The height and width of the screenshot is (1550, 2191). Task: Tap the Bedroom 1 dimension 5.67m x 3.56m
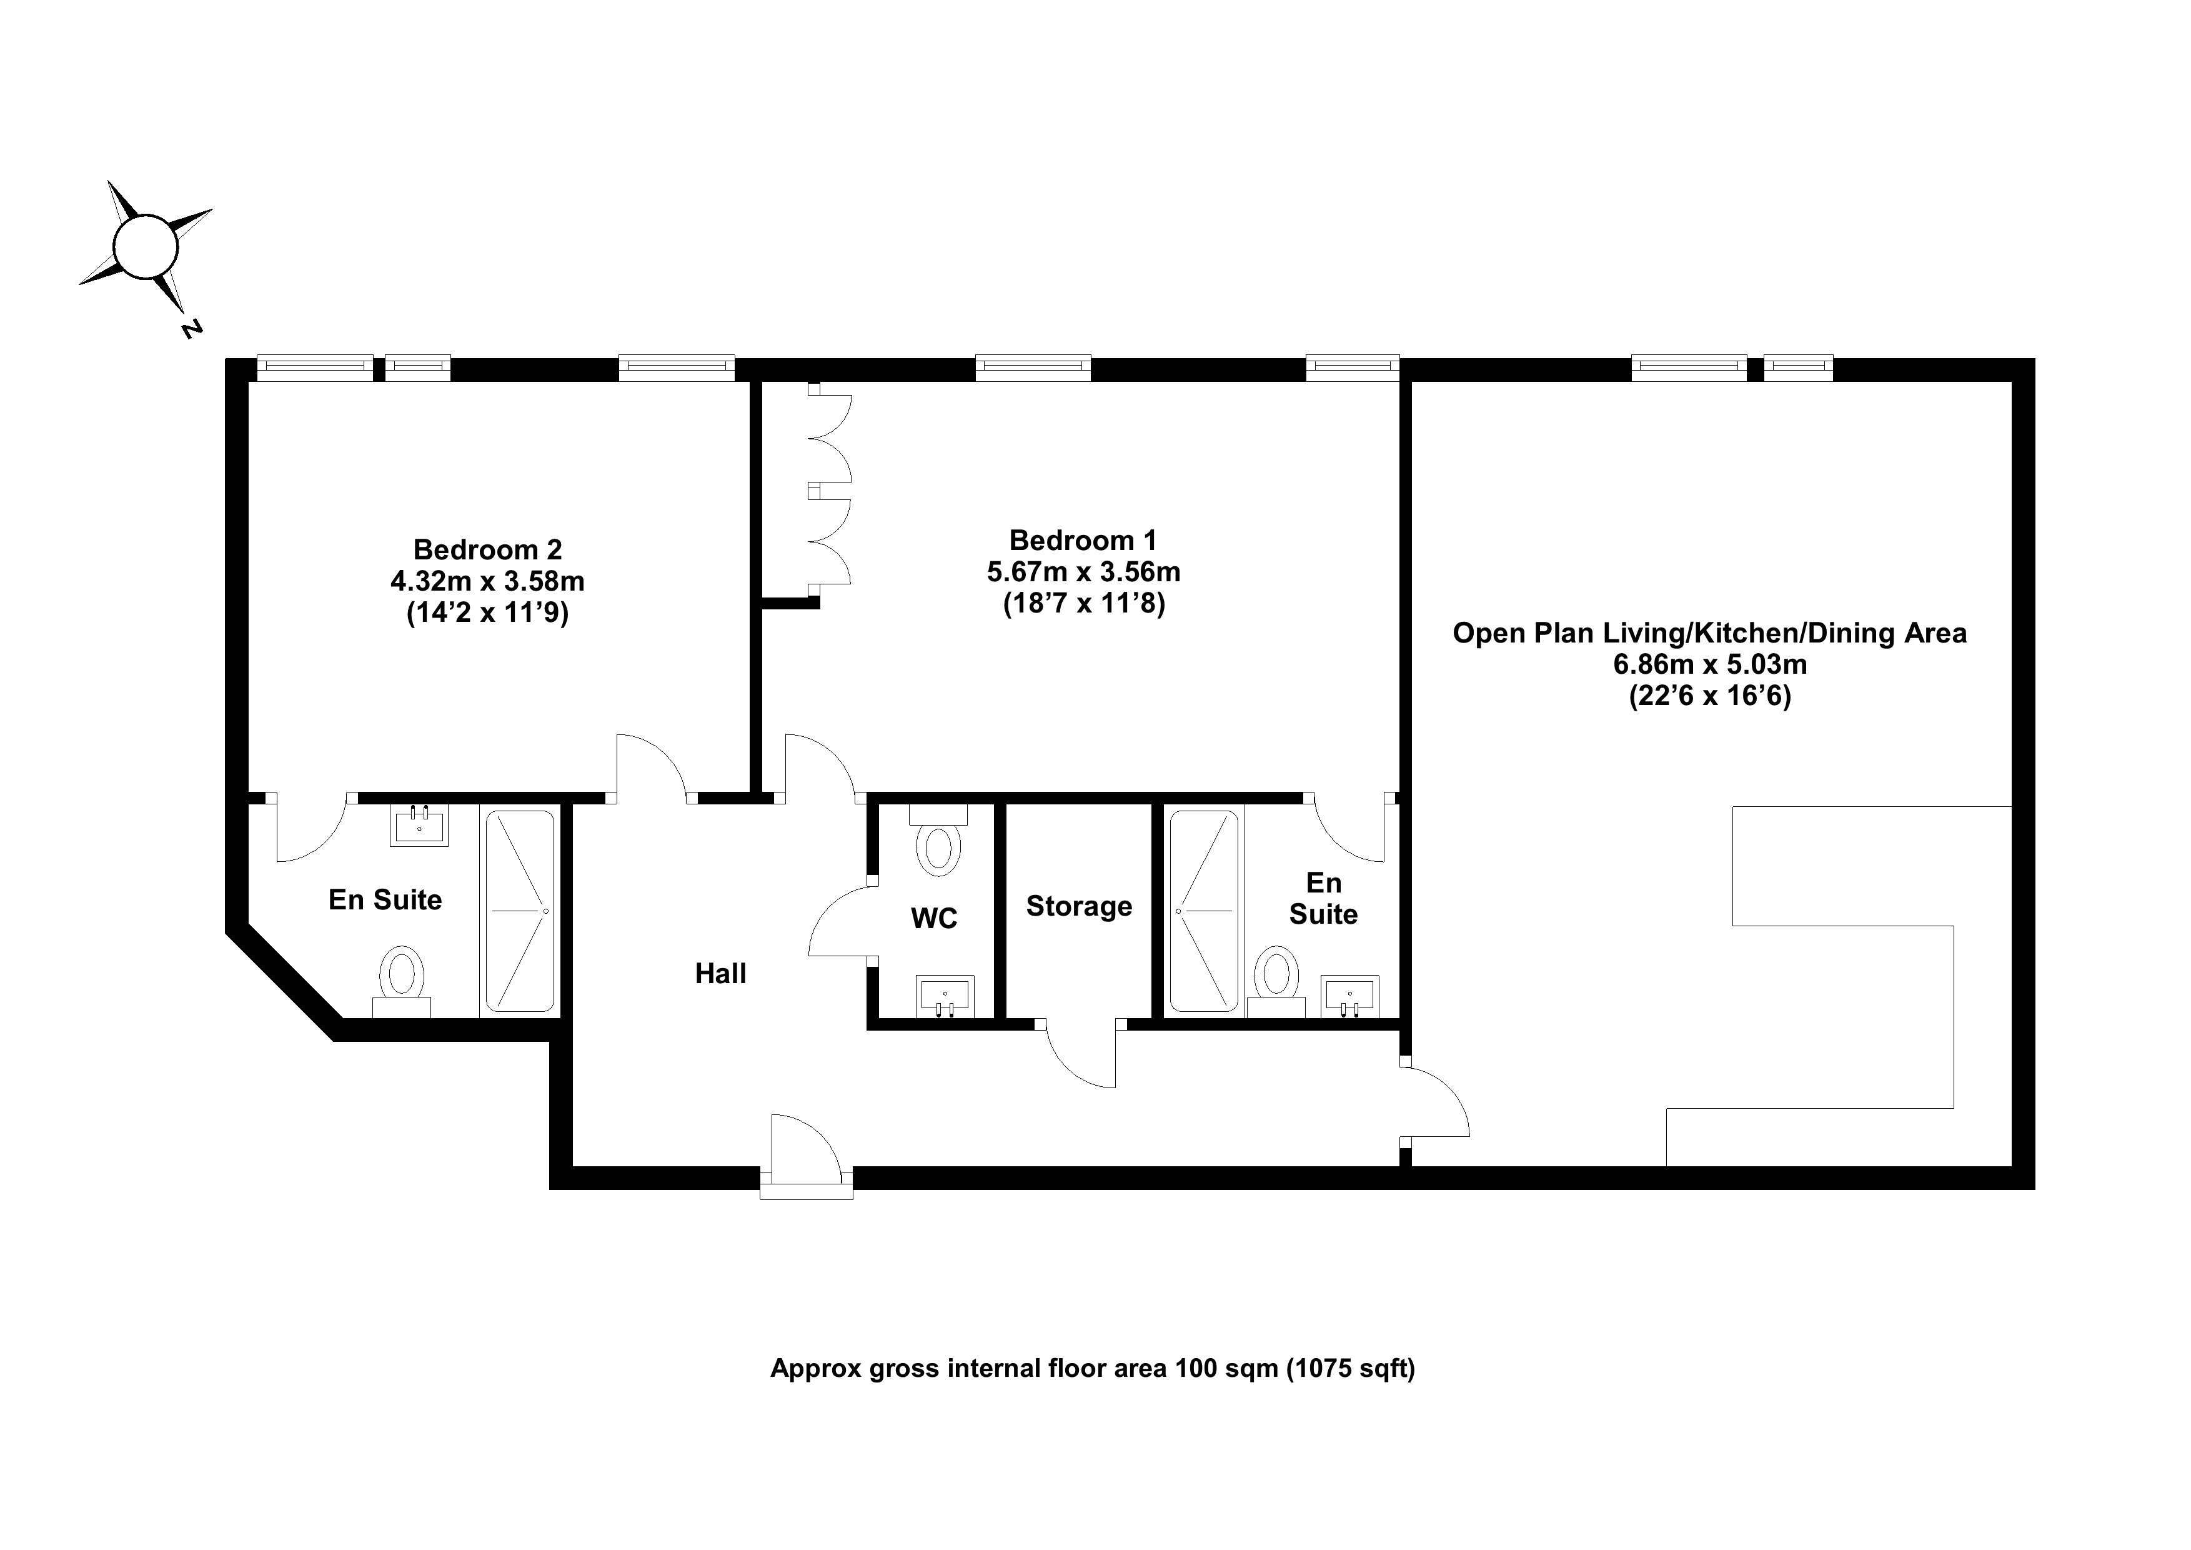click(1083, 572)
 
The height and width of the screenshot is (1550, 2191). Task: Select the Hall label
click(720, 974)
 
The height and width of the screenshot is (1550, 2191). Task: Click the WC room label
click(933, 918)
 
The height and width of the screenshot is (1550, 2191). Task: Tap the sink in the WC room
click(945, 996)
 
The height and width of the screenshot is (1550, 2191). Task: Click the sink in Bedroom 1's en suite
click(1349, 996)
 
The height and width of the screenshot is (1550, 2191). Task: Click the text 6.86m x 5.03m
click(1709, 664)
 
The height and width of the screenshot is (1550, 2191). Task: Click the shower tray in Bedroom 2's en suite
click(519, 911)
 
